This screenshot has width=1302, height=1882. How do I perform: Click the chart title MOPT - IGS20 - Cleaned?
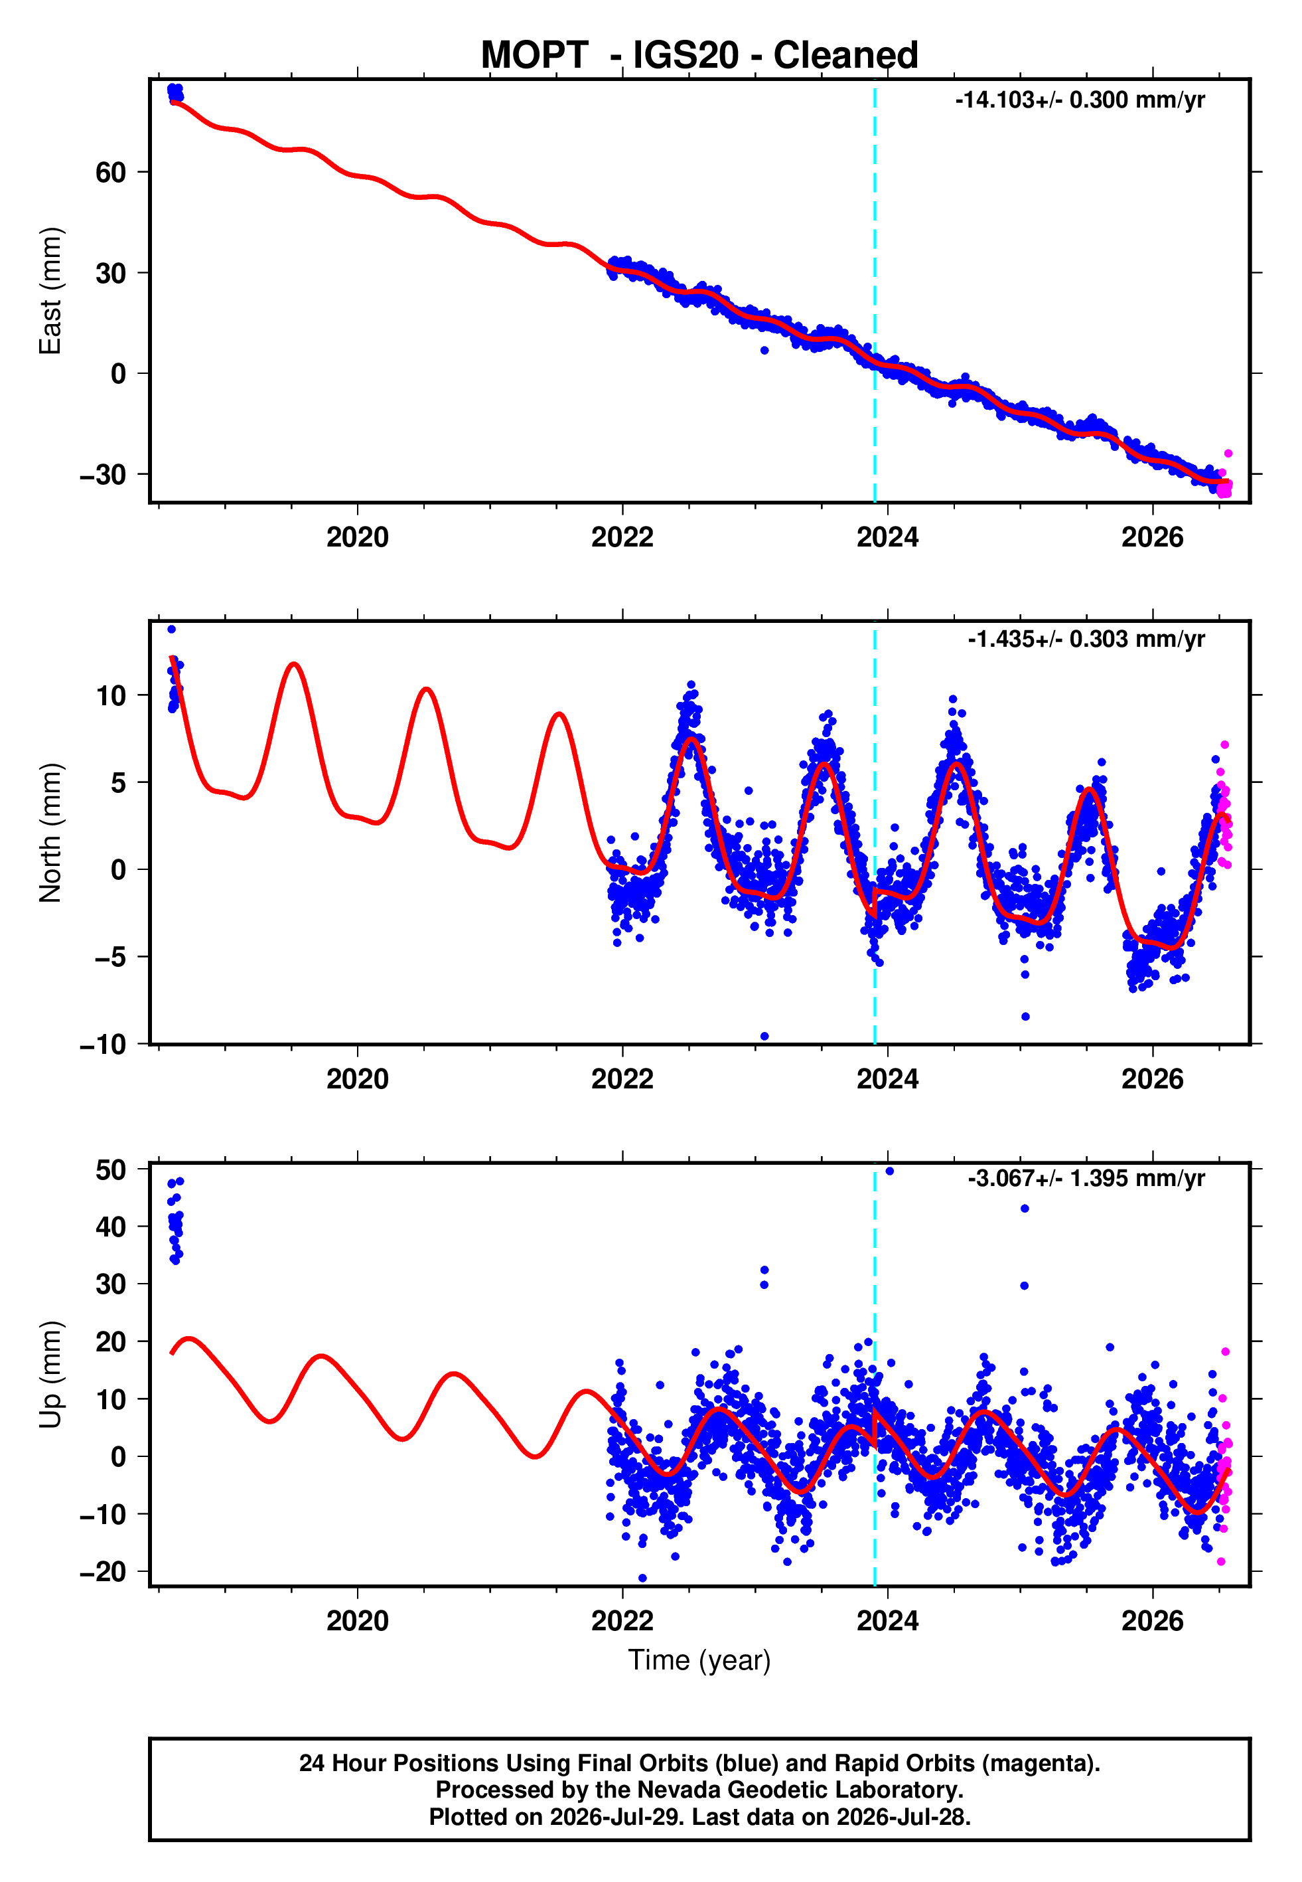tap(699, 56)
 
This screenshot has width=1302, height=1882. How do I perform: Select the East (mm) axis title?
tap(50, 291)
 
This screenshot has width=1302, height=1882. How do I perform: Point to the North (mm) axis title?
tap(50, 833)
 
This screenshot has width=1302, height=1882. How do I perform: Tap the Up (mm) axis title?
tap(50, 1375)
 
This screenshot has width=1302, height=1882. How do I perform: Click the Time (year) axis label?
tap(699, 1661)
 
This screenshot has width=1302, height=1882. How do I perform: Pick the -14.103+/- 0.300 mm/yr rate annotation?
tap(1080, 100)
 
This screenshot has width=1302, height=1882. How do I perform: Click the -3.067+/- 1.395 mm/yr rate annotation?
tap(1086, 1179)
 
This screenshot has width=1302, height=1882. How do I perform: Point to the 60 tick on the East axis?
tap(111, 172)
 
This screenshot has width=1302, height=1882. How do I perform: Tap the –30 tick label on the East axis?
tap(103, 474)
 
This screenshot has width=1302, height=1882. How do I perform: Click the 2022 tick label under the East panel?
tap(622, 537)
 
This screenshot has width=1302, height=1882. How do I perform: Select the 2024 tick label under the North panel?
tap(888, 1079)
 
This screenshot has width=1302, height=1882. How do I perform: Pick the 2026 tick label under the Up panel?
tap(1152, 1621)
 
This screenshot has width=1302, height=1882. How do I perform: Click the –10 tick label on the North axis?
tap(103, 1044)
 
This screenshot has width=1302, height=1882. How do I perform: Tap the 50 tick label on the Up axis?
tap(111, 1169)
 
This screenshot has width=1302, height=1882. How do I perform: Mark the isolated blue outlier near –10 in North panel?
tap(764, 1037)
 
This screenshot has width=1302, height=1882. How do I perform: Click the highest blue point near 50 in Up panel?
tap(889, 1171)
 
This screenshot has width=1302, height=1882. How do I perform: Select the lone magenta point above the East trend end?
tap(1228, 454)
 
